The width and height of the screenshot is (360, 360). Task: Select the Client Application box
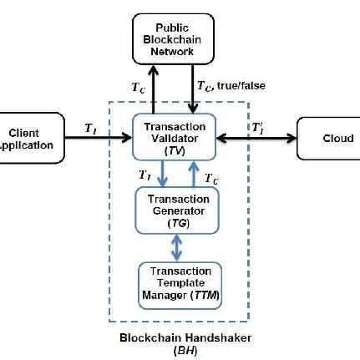pos(29,138)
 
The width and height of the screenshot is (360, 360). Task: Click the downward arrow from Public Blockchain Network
pos(195,89)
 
